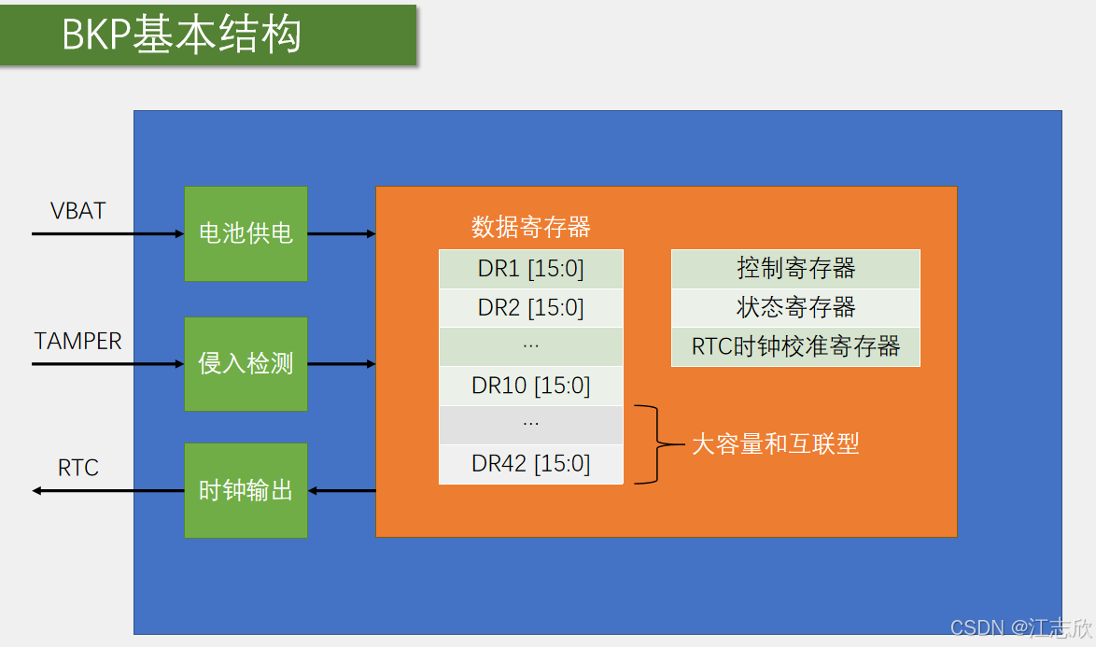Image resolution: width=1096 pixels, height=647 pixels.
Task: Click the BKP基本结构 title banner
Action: click(x=207, y=35)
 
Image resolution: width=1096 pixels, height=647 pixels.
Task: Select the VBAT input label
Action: click(x=78, y=211)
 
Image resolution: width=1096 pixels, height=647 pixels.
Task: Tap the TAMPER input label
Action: click(x=78, y=342)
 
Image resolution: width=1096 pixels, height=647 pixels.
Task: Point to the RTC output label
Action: click(x=78, y=468)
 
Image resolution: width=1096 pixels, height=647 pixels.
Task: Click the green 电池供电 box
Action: click(x=246, y=233)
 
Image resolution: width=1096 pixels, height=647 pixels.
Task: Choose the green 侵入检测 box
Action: click(x=246, y=364)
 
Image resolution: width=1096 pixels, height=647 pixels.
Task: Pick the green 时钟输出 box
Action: click(x=246, y=491)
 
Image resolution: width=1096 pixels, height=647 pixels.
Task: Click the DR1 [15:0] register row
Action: click(x=530, y=269)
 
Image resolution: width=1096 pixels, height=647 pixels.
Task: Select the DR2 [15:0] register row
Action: click(x=530, y=308)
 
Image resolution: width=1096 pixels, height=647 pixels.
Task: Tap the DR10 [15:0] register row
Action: click(x=530, y=386)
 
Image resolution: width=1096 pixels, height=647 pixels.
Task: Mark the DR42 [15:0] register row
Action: click(x=530, y=464)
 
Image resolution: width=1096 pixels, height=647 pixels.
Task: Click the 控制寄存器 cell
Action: click(x=795, y=269)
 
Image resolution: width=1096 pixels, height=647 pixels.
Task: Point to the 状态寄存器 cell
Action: click(x=795, y=308)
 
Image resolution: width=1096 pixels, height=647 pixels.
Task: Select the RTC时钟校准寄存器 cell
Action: click(x=795, y=347)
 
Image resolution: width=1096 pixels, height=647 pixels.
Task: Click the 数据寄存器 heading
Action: click(x=530, y=227)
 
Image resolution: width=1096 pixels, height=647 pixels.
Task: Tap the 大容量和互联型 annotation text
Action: click(x=775, y=444)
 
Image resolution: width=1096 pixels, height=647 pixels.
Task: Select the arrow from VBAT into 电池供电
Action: click(x=107, y=233)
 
